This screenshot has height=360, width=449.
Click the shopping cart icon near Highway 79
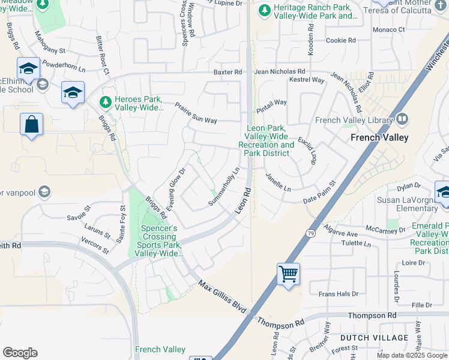tap(289, 274)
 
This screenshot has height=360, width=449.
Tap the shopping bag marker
tap(32, 125)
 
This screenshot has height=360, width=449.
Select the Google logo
tap(20, 353)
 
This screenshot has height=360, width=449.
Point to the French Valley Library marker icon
tap(402, 120)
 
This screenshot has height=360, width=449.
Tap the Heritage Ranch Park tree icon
tap(265, 10)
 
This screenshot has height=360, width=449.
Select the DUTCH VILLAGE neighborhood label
tap(366, 338)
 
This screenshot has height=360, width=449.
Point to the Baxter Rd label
tap(228, 72)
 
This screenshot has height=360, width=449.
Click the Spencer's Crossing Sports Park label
tap(158, 241)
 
